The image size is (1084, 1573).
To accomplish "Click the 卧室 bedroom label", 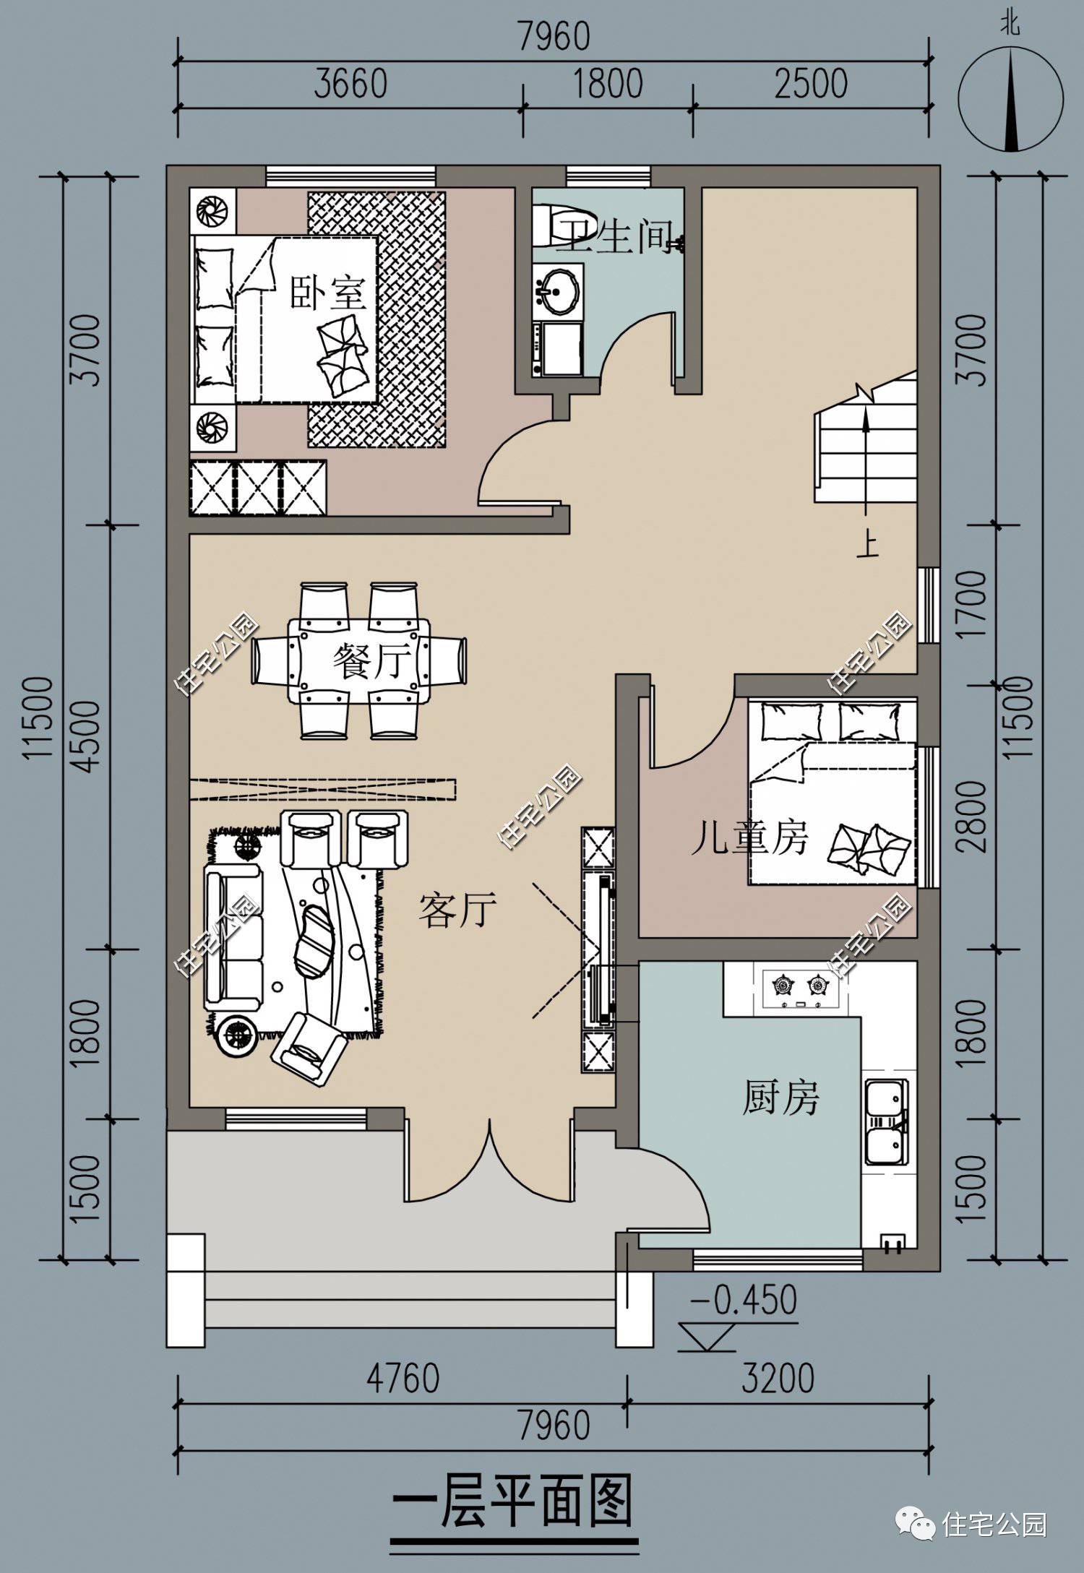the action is click(328, 293).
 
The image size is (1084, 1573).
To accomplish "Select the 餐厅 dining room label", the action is click(371, 660).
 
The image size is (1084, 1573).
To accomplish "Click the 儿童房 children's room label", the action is click(749, 837).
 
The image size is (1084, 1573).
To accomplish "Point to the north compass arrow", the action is click(1010, 101).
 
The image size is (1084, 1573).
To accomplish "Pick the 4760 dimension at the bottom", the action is click(403, 1377).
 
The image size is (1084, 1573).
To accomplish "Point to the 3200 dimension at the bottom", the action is click(778, 1377).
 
